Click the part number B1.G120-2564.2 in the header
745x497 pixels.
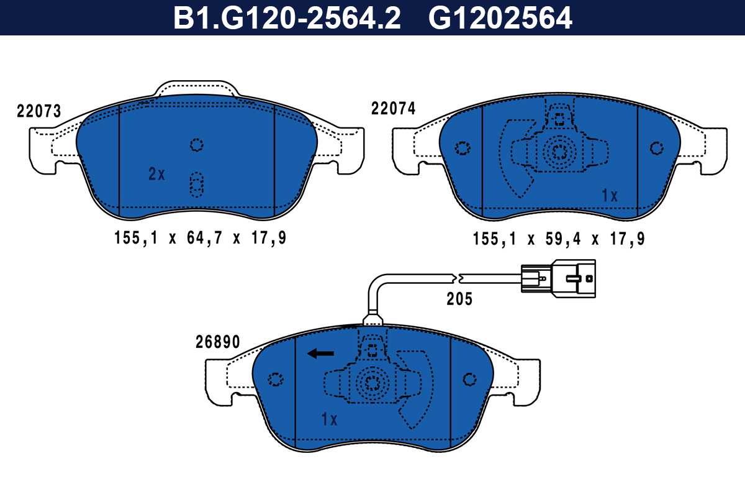(x=287, y=18)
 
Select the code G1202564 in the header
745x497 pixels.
(x=500, y=18)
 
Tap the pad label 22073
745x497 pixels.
(x=39, y=111)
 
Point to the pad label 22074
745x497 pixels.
(x=393, y=109)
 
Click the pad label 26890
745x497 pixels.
(x=217, y=342)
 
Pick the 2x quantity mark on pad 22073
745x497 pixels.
(x=156, y=174)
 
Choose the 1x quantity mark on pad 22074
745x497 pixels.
(x=609, y=196)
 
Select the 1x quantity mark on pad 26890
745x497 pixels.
(x=329, y=419)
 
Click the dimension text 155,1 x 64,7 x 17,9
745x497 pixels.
(x=200, y=238)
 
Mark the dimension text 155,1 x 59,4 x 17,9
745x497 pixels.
(x=559, y=239)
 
